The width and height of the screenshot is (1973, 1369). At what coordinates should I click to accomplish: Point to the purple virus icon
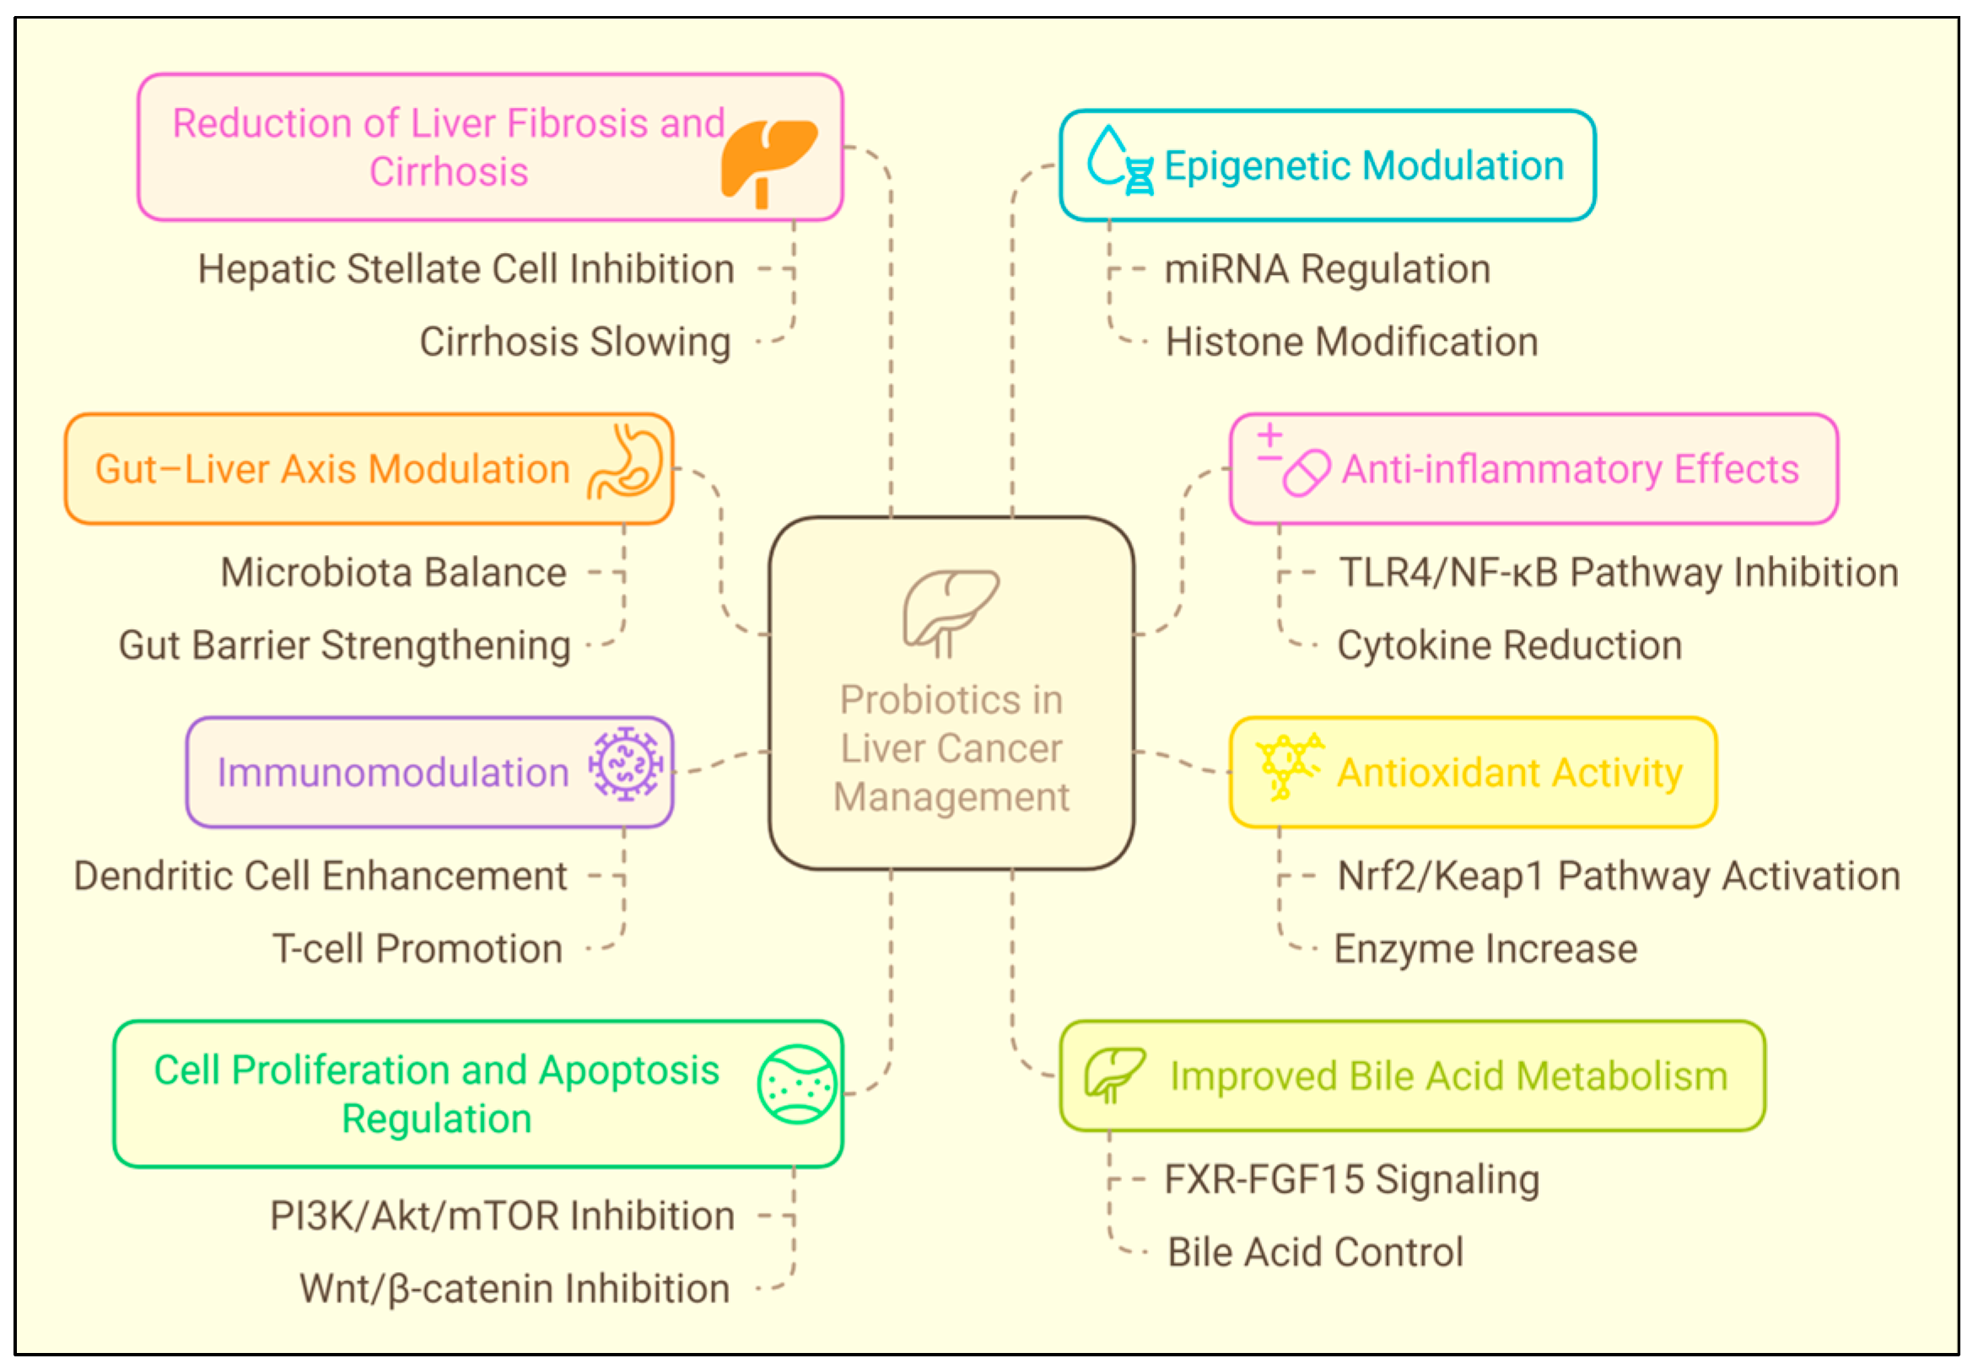pyautogui.click(x=625, y=763)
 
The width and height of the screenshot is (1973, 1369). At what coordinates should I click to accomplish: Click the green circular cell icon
pyautogui.click(x=797, y=1084)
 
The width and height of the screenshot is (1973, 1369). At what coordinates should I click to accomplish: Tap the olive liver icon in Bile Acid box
pyautogui.click(x=1113, y=1074)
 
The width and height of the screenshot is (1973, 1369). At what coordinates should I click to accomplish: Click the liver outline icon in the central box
pyautogui.click(x=950, y=611)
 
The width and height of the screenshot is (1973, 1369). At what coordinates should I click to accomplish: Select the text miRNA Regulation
pyautogui.click(x=1326, y=269)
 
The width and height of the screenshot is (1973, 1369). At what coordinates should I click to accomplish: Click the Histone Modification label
pyautogui.click(x=1351, y=342)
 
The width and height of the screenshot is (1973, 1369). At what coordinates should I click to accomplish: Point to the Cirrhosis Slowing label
pyautogui.click(x=574, y=342)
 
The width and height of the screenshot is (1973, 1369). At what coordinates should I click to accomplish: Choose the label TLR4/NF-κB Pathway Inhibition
pyautogui.click(x=1618, y=573)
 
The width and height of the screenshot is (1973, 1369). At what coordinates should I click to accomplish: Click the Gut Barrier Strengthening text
pyautogui.click(x=345, y=646)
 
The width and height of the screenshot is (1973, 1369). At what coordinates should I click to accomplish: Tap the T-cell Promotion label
pyautogui.click(x=418, y=949)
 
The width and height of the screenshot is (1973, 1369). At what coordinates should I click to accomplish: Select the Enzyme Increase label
pyautogui.click(x=1485, y=949)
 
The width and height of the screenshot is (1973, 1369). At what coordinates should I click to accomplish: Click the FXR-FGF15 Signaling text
pyautogui.click(x=1351, y=1179)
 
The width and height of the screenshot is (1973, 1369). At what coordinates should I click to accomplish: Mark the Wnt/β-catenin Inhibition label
pyautogui.click(x=515, y=1288)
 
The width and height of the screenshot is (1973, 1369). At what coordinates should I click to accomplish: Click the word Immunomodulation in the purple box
pyautogui.click(x=393, y=772)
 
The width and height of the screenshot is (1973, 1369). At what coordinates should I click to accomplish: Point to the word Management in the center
pyautogui.click(x=951, y=797)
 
